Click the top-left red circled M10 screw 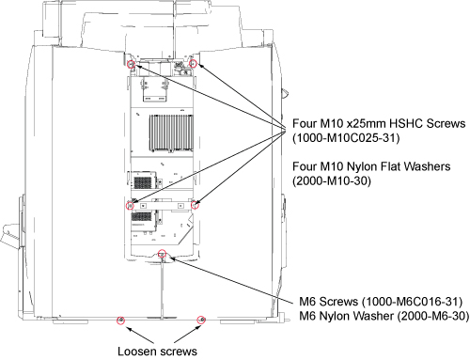click(x=132, y=65)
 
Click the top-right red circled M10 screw click(x=194, y=64)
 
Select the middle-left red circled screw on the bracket click(x=130, y=206)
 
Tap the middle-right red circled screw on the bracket click(x=195, y=205)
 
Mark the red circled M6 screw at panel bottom click(x=162, y=253)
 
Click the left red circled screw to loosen click(x=120, y=321)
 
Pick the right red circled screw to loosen click(x=201, y=320)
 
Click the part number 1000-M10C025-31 click(x=346, y=138)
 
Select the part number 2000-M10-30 click(x=332, y=180)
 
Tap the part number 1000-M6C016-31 click(x=412, y=302)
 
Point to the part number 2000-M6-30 click(x=433, y=316)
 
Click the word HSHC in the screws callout click(x=406, y=123)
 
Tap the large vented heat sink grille click(x=171, y=133)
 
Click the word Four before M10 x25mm click(x=305, y=123)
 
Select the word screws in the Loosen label click(x=177, y=352)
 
